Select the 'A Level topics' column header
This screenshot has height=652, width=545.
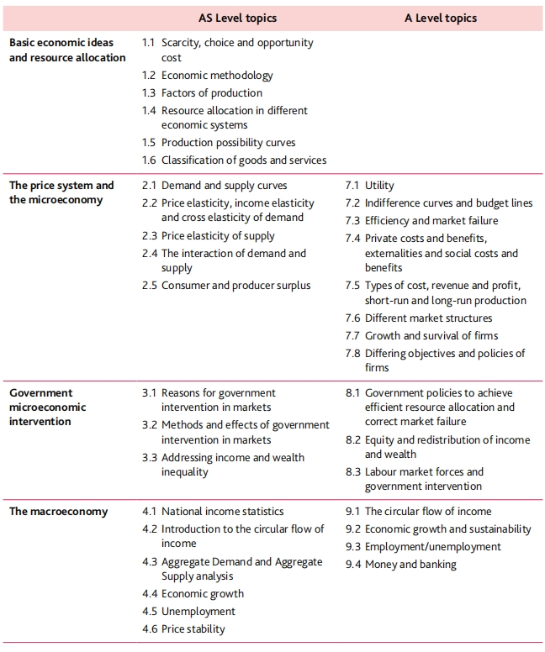(x=440, y=18)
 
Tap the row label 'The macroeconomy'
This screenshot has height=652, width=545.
(x=58, y=512)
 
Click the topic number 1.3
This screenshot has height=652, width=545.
(x=149, y=93)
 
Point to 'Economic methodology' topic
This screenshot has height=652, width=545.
(x=217, y=76)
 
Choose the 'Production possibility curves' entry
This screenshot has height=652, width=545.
(x=228, y=143)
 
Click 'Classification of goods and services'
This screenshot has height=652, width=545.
(x=244, y=160)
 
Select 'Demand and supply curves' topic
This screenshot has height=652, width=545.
(x=224, y=186)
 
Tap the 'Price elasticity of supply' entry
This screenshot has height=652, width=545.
(x=218, y=236)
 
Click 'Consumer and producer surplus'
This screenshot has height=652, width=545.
(x=235, y=286)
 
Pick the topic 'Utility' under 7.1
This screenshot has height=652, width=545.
(x=379, y=186)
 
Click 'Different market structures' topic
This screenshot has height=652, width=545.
(x=428, y=318)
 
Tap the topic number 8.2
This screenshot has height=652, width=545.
(x=353, y=440)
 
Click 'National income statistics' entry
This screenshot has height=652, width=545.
(x=222, y=512)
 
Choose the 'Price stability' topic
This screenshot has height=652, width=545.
(x=193, y=629)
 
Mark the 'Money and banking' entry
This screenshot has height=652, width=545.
(x=410, y=565)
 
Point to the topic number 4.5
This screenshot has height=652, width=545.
(x=149, y=612)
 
